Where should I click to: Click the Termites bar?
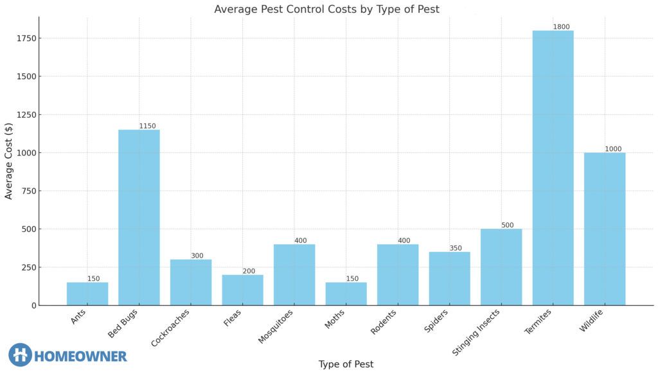[x=553, y=168]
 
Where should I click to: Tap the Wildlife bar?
[x=604, y=229]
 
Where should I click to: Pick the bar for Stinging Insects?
[x=501, y=267]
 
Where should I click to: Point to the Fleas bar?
[x=242, y=290]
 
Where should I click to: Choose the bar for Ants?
[x=87, y=294]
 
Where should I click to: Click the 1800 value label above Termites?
[x=561, y=27]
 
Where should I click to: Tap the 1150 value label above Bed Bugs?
[x=147, y=126]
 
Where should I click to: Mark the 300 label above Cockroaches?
[x=197, y=256]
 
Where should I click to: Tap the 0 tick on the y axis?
[x=34, y=305]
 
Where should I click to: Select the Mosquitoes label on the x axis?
[x=276, y=326]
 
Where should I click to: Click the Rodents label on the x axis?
[x=384, y=322]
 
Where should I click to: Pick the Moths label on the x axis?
[x=335, y=319]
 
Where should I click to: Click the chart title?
[x=326, y=9]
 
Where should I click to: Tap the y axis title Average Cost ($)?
[x=9, y=161]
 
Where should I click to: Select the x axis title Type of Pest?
[x=346, y=364]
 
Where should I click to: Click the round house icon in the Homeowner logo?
[x=20, y=355]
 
